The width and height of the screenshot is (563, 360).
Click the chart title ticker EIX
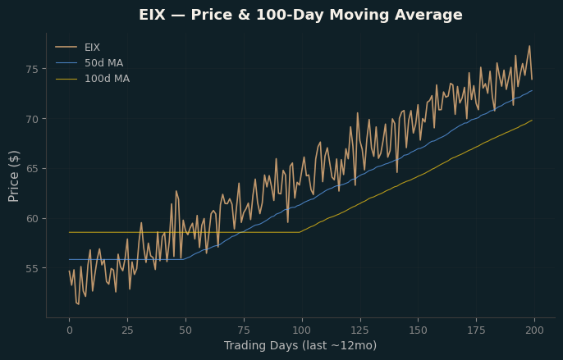click(152, 15)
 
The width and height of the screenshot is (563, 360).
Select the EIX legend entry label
click(92, 48)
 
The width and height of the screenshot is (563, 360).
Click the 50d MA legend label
click(103, 63)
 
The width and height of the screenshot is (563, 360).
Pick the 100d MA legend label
click(107, 79)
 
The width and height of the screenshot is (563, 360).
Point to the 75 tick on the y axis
click(31, 69)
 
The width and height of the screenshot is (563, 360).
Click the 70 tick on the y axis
click(31, 119)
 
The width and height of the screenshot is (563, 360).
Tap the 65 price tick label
click(31, 169)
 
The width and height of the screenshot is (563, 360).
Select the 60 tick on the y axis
click(31, 219)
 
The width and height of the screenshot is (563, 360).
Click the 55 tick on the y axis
click(31, 268)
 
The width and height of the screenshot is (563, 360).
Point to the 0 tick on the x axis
click(69, 330)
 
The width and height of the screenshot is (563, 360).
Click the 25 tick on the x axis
click(127, 330)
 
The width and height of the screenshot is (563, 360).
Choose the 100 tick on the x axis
click(302, 330)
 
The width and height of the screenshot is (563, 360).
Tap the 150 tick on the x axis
click(419, 330)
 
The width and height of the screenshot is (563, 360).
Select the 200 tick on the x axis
click(534, 330)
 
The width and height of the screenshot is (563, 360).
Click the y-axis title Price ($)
click(13, 176)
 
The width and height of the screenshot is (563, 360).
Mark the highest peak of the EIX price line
click(529, 46)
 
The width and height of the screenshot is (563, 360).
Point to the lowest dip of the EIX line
click(78, 304)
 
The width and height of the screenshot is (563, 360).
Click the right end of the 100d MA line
click(532, 121)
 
